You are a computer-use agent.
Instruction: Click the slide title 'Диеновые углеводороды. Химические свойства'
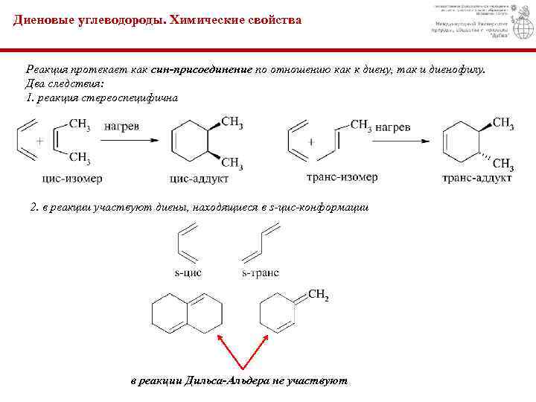158,20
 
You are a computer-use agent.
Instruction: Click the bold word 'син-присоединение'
202,69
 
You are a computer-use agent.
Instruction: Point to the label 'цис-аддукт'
200,179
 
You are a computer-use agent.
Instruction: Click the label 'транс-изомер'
342,177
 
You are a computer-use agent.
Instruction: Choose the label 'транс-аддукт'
476,179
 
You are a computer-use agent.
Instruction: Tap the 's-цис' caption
188,272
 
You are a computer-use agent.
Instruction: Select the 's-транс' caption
260,272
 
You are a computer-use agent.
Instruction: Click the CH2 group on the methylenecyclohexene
318,296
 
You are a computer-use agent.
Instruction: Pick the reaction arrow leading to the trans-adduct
403,141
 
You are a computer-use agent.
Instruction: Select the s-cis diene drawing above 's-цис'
187,245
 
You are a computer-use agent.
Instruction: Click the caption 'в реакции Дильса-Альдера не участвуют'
239,380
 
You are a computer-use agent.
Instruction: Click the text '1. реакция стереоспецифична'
102,98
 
